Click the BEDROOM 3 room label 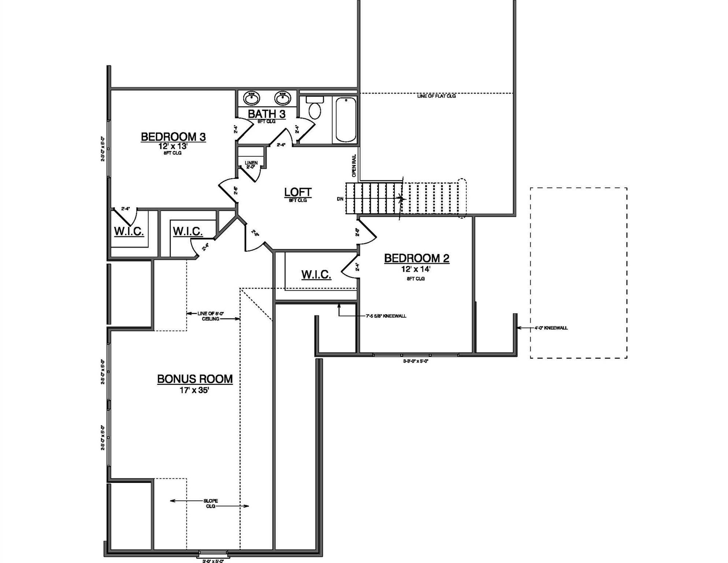(x=173, y=137)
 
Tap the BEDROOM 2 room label (x=416, y=258)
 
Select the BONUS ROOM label (x=195, y=379)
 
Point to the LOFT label (x=298, y=192)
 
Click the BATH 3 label (x=267, y=114)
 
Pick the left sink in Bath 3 (x=252, y=98)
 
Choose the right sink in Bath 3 (x=282, y=98)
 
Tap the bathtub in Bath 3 (x=346, y=119)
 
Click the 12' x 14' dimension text (x=415, y=269)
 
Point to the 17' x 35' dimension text (x=194, y=390)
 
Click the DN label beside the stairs (x=340, y=199)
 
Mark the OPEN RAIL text (x=354, y=166)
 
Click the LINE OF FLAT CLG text (x=436, y=96)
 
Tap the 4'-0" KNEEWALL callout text (x=550, y=328)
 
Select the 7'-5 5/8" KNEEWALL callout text (x=386, y=316)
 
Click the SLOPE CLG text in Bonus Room (x=211, y=503)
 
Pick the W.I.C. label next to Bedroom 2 (x=316, y=275)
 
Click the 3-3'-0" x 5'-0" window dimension (x=415, y=361)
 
